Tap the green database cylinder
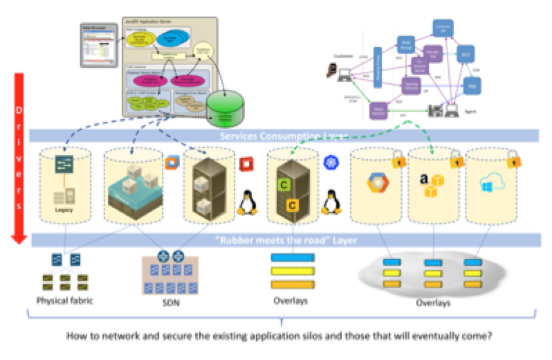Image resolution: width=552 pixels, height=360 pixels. [226, 109]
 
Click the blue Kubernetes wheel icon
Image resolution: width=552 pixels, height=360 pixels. [329, 163]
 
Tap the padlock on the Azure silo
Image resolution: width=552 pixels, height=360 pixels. [513, 161]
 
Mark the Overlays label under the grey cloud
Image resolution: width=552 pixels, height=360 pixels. [434, 303]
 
